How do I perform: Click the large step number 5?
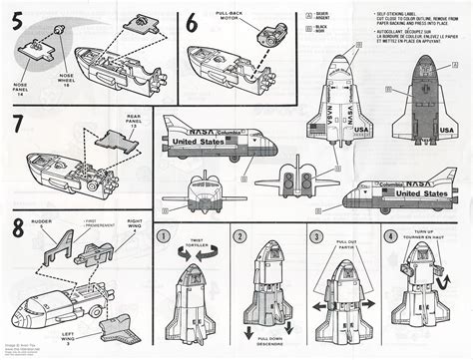[16, 21]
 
